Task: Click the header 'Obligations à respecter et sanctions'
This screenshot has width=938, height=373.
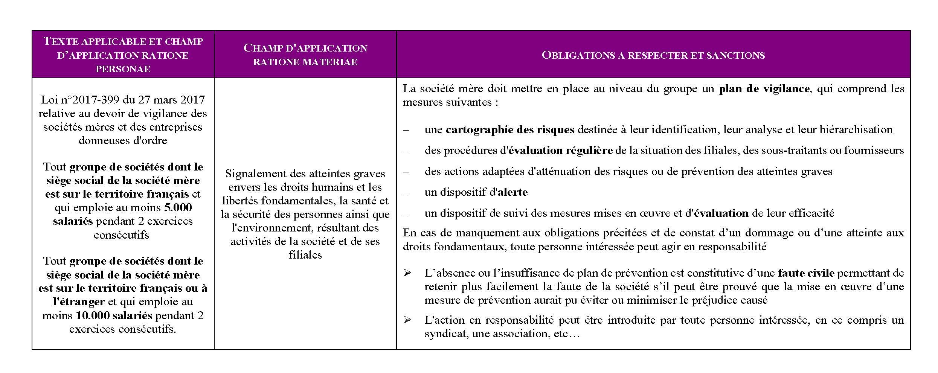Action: click(653, 55)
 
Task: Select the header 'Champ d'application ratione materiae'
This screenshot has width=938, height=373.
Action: click(305, 55)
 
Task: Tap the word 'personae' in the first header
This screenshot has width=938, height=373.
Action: click(123, 69)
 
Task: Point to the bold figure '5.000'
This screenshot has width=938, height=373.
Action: click(178, 207)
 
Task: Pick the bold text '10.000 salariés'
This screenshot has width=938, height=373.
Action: click(114, 315)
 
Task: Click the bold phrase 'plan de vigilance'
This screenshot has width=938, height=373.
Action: click(764, 89)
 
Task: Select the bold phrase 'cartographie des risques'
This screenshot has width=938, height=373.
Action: click(510, 130)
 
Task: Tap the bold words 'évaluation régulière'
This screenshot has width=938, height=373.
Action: click(560, 151)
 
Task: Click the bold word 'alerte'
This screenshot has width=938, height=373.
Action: click(512, 192)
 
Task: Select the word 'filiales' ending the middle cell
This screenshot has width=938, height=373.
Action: click(305, 255)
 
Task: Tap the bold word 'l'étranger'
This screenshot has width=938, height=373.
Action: click(72, 302)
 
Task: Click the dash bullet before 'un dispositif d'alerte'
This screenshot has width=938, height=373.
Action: click(406, 192)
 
